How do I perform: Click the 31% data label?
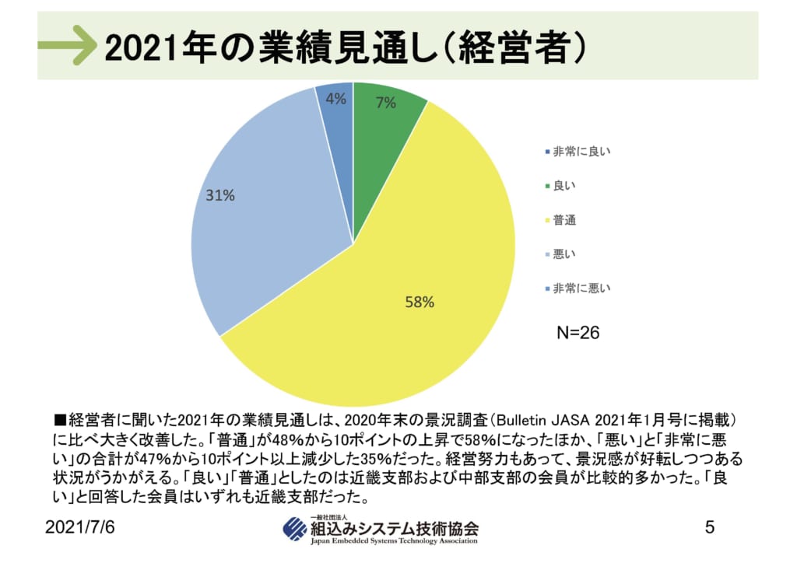(220, 196)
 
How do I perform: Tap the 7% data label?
(385, 102)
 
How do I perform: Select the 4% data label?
(335, 99)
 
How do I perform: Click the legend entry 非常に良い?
(581, 152)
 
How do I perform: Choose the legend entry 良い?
(564, 187)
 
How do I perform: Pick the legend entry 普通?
(564, 221)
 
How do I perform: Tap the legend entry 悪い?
(564, 254)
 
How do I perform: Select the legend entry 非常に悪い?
(581, 288)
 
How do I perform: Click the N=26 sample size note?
(578, 333)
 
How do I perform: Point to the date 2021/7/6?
(80, 528)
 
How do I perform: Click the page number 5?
(709, 527)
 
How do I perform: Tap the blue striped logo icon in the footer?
(295, 529)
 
